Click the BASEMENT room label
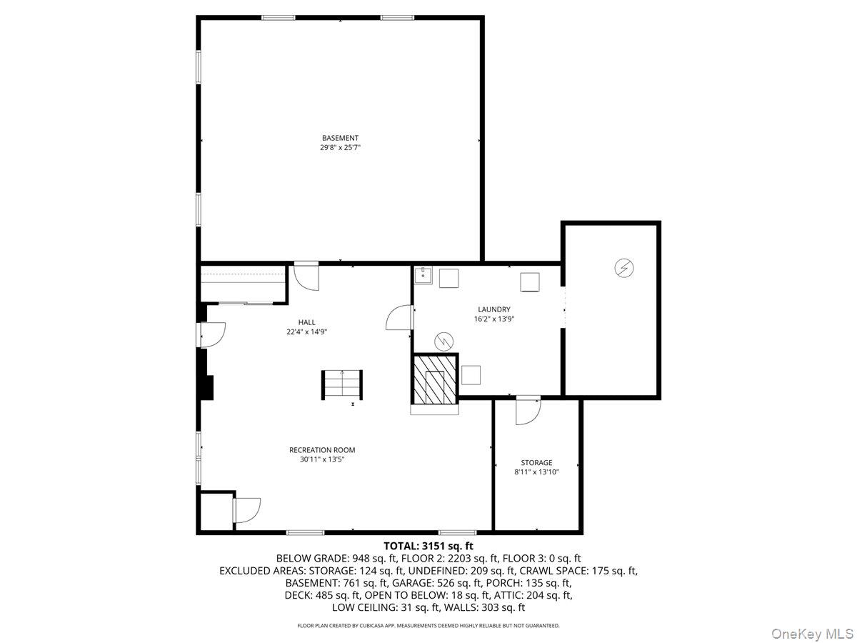(x=340, y=138)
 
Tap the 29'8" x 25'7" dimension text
(x=340, y=148)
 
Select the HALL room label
(x=307, y=322)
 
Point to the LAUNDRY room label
(x=494, y=309)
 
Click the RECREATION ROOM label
(x=322, y=450)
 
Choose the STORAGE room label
(x=536, y=463)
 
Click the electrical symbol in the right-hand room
(x=624, y=268)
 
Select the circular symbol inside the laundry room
(x=445, y=341)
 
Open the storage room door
(x=528, y=410)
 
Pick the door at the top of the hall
(x=306, y=276)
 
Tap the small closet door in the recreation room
(x=246, y=510)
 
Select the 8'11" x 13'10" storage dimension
(x=536, y=472)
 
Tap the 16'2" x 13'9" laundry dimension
(x=494, y=319)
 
